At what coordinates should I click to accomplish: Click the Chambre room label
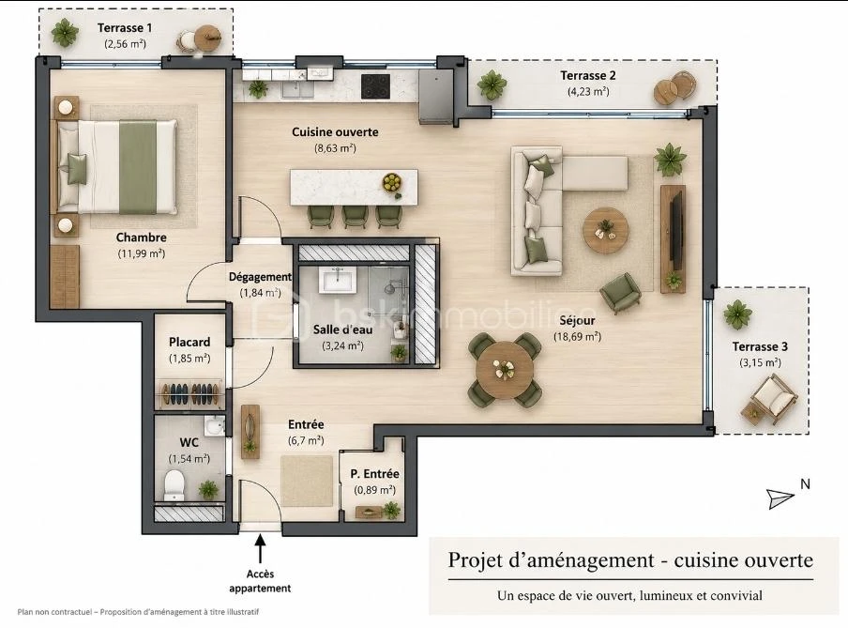pos(141,237)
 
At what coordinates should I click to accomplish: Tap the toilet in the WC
pos(174,484)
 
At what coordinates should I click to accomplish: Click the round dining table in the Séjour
pos(505,370)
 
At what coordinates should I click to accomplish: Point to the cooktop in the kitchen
pos(375,86)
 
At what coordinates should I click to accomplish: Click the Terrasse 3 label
pos(760,346)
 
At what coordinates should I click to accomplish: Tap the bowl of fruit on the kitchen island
pos(391,181)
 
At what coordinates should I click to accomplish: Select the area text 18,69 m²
pos(577,337)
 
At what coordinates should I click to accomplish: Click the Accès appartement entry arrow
pos(260,549)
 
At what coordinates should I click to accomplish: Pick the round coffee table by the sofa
pos(606,230)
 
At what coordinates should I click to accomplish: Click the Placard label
pos(189,342)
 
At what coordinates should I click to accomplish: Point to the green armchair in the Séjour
pos(621,292)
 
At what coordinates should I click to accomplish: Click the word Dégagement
pos(260,277)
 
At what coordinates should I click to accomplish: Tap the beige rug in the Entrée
pos(307,481)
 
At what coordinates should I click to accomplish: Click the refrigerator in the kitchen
pos(436,98)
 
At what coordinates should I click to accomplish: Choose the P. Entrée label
pos(375,474)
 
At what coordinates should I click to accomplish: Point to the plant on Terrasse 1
pos(65,33)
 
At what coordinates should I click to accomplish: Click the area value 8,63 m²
pos(335,148)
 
